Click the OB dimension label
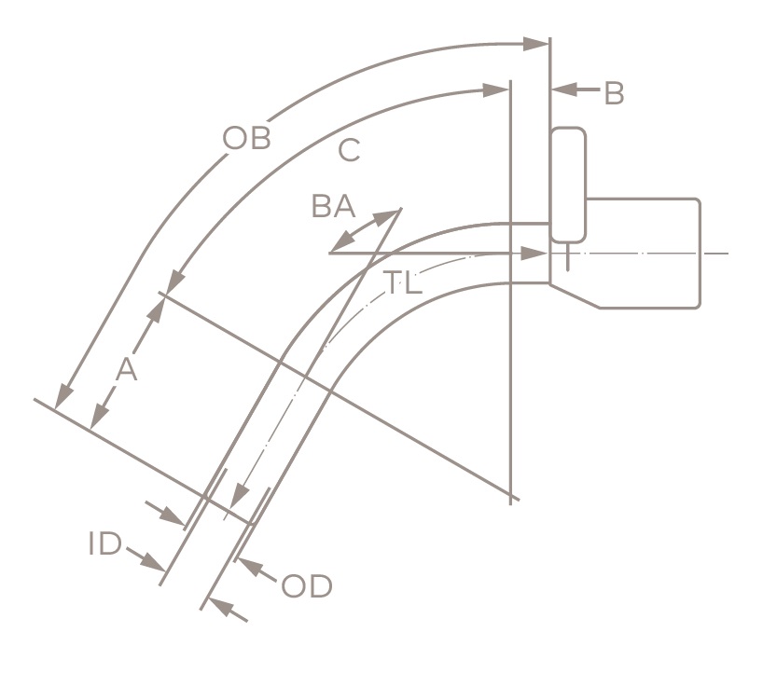click(x=246, y=138)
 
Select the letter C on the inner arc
click(x=349, y=149)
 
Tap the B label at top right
click(x=613, y=93)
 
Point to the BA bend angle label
click(x=333, y=206)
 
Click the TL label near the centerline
click(x=403, y=283)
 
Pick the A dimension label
click(x=126, y=370)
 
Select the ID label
click(x=104, y=544)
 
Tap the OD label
click(x=306, y=587)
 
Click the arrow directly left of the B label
click(x=574, y=90)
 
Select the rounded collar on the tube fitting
click(x=568, y=185)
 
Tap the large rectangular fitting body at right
click(x=644, y=252)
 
